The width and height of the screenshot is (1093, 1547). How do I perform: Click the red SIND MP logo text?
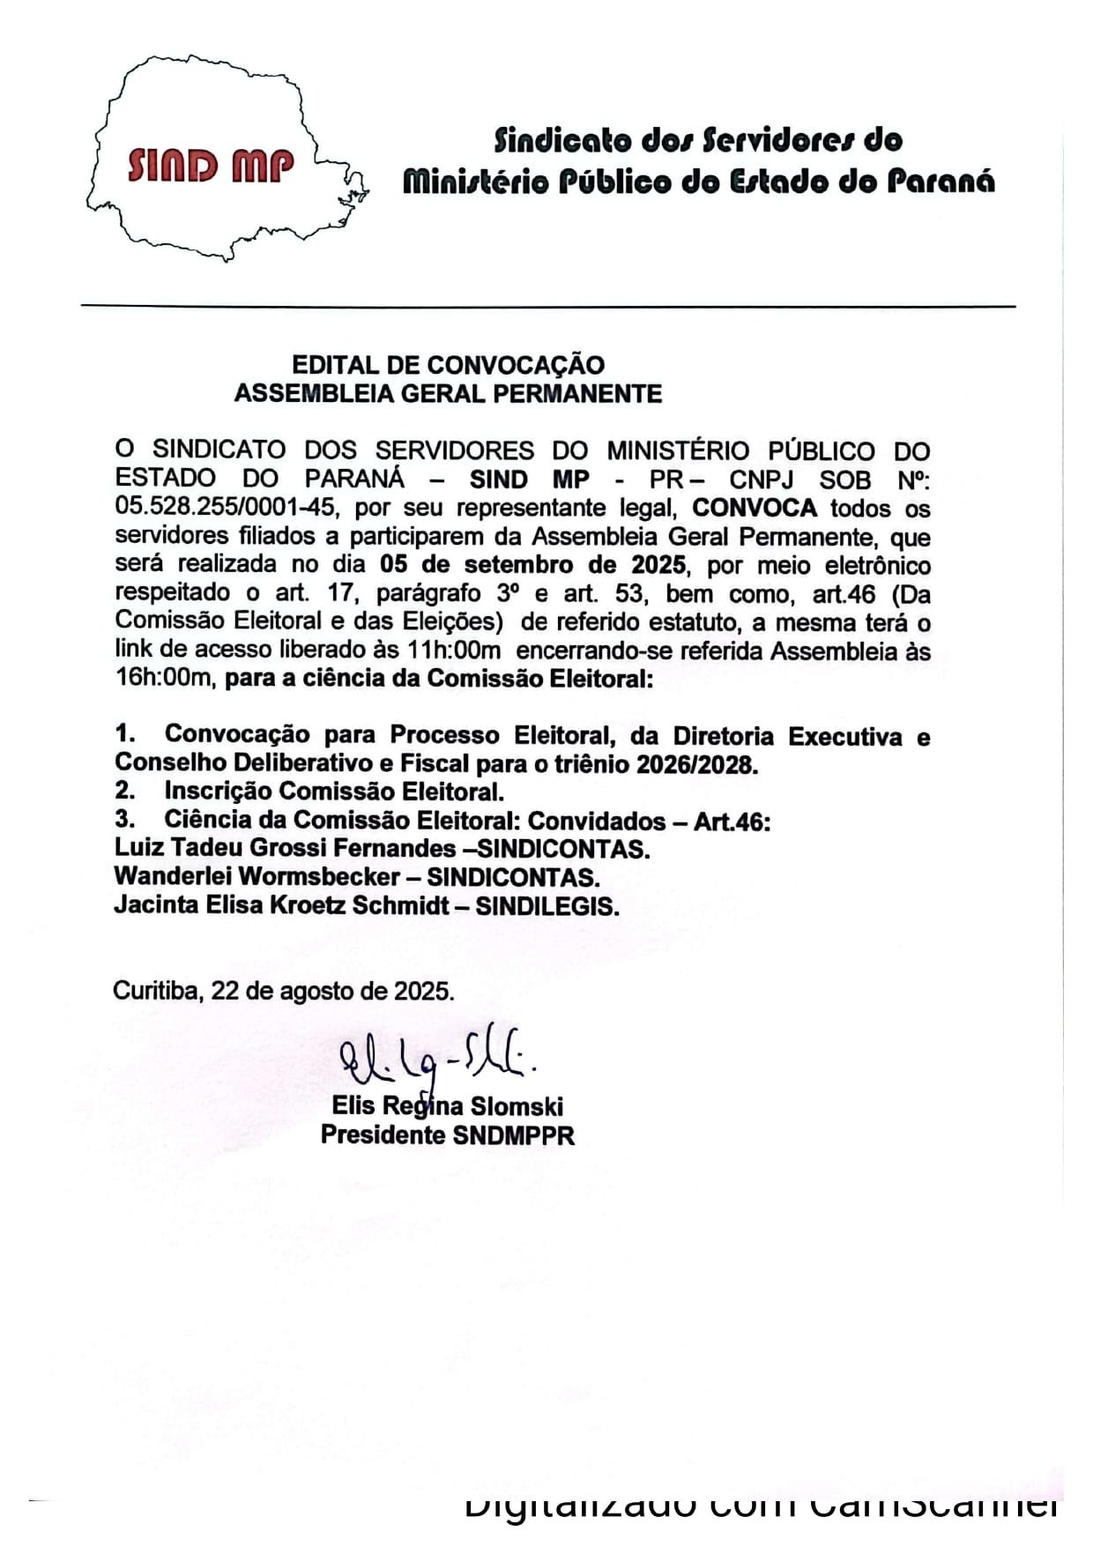point(210,165)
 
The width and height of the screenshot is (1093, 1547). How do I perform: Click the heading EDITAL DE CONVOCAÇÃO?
point(448,365)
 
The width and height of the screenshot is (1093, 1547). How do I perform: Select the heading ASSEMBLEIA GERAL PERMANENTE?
point(448,393)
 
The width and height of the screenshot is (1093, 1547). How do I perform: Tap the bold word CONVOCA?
point(755,509)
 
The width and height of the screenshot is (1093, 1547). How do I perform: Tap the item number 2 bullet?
point(124,792)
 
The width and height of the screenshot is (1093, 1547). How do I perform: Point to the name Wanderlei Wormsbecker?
point(257,877)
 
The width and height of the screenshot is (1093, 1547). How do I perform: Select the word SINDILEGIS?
point(546,906)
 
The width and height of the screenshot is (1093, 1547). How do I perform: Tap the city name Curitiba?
point(156,991)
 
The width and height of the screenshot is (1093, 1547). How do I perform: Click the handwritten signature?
point(437,1058)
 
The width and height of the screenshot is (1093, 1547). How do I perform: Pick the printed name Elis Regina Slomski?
point(447,1106)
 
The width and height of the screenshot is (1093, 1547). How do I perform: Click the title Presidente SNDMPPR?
point(447,1134)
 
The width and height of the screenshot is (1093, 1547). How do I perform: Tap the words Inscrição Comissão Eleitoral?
point(334,792)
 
